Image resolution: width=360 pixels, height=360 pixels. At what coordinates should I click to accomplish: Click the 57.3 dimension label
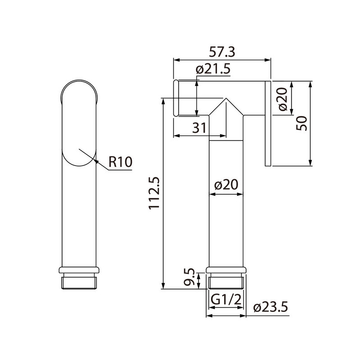222,52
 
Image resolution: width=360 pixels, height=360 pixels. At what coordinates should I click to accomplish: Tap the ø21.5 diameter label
213,69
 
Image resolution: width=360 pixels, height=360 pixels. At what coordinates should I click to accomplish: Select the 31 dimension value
199,128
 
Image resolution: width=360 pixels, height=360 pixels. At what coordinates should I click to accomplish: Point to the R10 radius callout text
120,162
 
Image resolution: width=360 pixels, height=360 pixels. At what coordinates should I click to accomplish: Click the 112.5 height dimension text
154,193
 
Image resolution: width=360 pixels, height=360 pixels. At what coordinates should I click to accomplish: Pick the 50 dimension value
301,123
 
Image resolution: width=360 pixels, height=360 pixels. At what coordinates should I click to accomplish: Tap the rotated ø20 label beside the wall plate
283,99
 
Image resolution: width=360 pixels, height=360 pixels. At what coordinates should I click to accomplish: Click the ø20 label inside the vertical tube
226,185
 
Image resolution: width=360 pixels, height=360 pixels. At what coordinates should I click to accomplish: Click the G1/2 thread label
226,300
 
